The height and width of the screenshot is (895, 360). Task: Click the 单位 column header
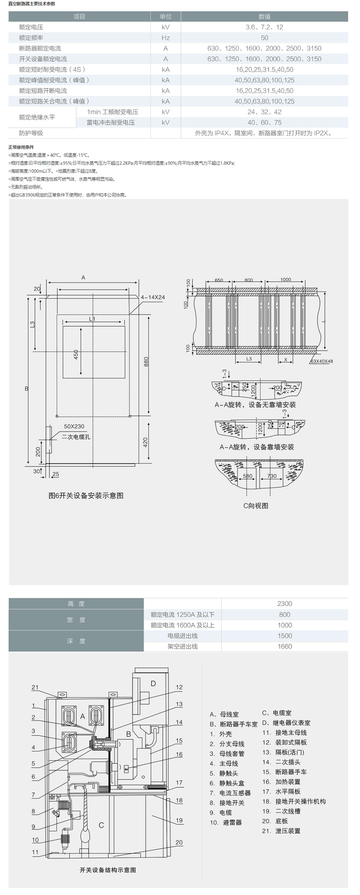pos(165,17)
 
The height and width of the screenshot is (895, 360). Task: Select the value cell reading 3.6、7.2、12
pos(264,28)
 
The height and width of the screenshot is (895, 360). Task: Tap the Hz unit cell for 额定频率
pos(165,38)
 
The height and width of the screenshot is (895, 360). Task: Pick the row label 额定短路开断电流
pos(43,91)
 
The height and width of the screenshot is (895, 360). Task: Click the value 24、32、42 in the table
pos(264,112)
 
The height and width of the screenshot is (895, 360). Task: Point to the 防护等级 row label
pos(31,134)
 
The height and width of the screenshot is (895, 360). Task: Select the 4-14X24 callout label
pos(152,298)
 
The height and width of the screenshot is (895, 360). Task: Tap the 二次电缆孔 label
pos(76,437)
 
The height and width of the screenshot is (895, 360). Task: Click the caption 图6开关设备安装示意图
pos(86,496)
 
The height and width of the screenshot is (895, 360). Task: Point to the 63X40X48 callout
pos(321,361)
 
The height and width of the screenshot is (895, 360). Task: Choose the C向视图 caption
pos(256,506)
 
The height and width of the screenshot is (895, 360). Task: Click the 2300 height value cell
pos(284,604)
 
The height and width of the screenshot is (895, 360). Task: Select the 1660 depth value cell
pos(284,647)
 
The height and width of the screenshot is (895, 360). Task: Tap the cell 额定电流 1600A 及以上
pos(182,625)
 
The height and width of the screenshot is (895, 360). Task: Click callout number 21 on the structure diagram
pos(35,687)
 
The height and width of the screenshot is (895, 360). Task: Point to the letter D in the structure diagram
pos(153,684)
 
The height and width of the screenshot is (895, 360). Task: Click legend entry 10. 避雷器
pos(225,822)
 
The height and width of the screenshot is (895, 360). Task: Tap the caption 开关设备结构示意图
pos(108,870)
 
